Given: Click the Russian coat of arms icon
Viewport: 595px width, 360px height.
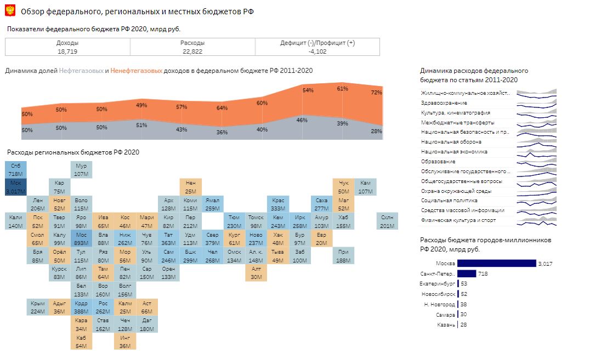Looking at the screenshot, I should tap(10, 11).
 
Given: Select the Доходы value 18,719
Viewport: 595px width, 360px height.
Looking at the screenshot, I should tap(67, 52).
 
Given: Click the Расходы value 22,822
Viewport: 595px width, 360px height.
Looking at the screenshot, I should tap(192, 52).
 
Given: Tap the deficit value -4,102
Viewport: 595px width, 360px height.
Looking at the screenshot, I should tap(317, 52).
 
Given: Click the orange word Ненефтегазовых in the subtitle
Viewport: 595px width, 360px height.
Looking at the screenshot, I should tap(137, 71).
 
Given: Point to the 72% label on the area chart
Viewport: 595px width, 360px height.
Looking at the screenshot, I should tap(376, 93).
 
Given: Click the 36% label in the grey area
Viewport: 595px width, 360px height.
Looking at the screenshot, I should tap(222, 132).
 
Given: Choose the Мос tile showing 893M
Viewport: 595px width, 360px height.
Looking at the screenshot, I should tap(81, 239).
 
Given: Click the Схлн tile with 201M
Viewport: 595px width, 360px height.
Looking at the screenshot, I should tap(387, 222).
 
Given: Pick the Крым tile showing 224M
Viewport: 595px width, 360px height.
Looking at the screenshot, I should tap(37, 307).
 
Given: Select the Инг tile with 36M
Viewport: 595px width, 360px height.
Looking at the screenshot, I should tap(125, 342).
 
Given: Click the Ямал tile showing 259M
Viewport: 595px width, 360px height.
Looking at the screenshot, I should tap(212, 204).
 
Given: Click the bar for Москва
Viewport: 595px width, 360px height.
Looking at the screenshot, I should tap(496, 264).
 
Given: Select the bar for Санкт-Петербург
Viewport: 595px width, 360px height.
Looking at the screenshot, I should tap(467, 273).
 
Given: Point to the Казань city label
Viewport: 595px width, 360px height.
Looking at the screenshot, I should tap(446, 325).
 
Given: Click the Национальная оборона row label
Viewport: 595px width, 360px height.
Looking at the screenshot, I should tap(451, 142).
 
